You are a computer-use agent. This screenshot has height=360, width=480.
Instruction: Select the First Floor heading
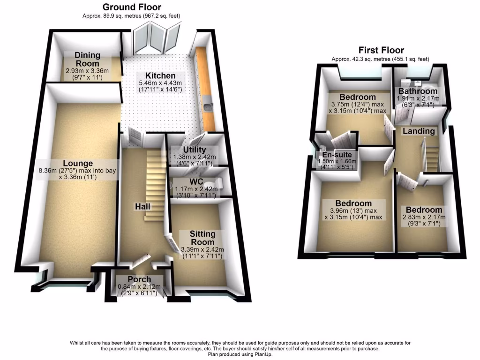click(x=381, y=50)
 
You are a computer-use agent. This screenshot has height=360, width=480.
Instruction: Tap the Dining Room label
click(x=88, y=60)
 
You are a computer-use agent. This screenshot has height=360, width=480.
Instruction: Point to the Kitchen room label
click(x=160, y=76)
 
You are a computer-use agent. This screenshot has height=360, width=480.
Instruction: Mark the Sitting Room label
click(x=202, y=238)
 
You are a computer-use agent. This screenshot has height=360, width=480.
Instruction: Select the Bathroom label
click(x=418, y=91)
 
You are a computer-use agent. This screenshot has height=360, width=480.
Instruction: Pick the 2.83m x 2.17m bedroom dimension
click(x=424, y=217)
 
